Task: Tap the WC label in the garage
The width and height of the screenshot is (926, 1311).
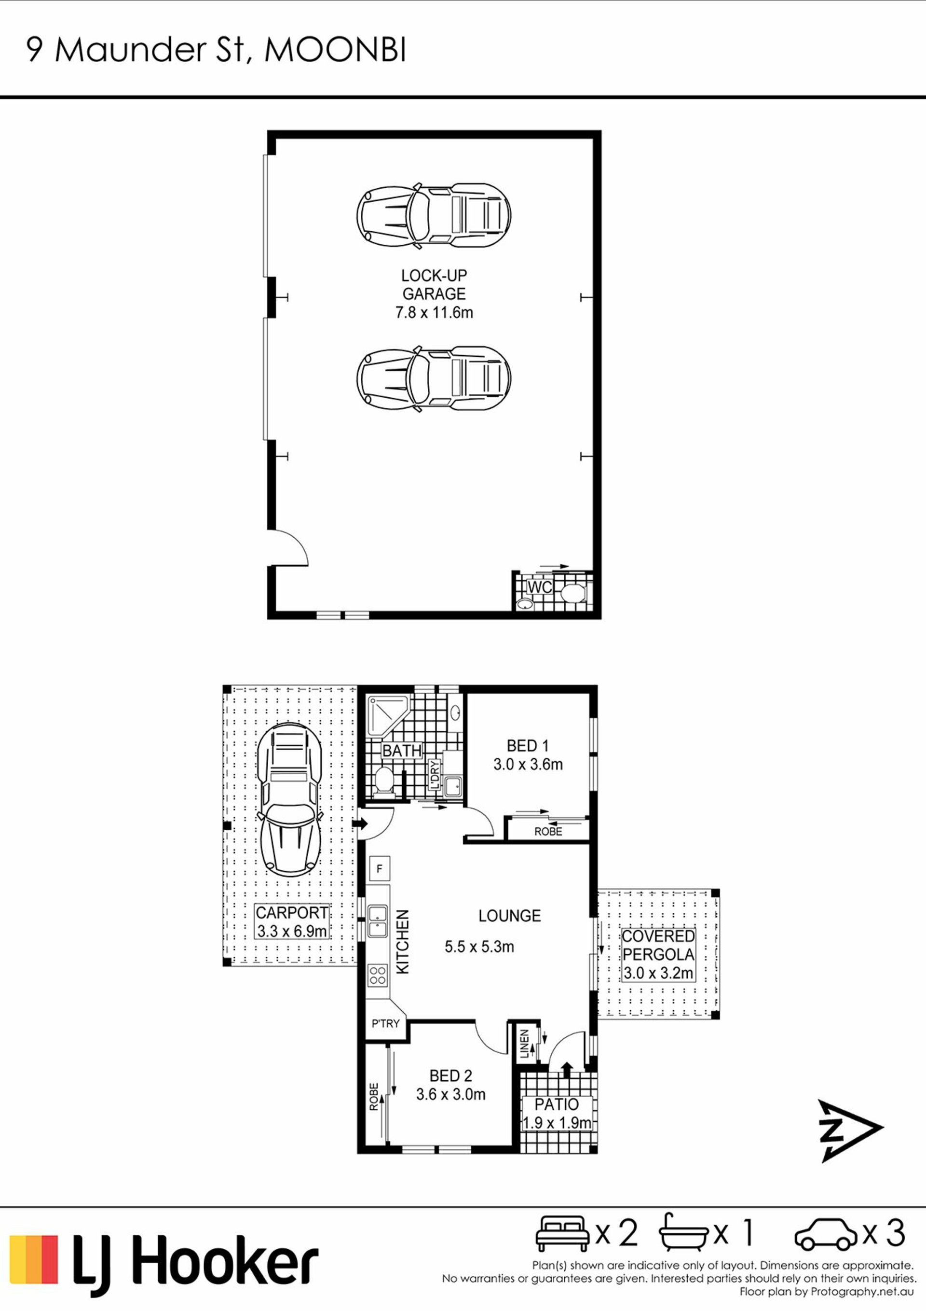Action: (539, 587)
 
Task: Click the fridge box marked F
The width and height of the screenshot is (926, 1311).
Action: (380, 869)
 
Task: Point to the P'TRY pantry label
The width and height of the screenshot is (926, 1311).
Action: (386, 1024)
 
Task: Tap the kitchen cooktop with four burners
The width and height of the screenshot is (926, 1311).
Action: (378, 975)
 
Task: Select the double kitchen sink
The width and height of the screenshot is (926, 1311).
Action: (378, 921)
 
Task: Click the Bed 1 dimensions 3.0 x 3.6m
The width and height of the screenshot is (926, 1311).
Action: (528, 765)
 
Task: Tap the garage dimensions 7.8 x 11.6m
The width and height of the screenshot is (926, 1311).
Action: (434, 312)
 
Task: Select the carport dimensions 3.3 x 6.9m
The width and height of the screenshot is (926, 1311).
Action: (292, 931)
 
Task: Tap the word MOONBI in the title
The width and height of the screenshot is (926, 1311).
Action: (336, 50)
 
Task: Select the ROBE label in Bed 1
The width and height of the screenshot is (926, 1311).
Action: (548, 831)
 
